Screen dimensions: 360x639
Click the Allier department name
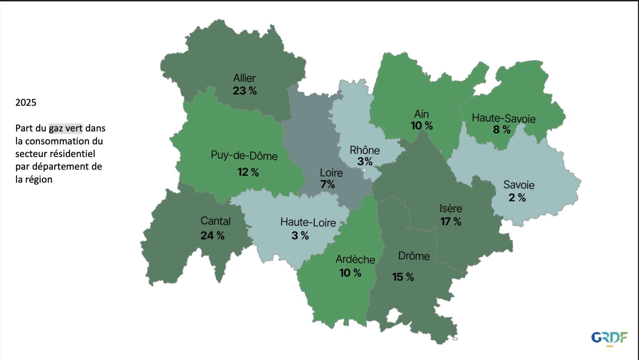pos(244,78)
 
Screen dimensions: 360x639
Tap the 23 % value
pos(245,91)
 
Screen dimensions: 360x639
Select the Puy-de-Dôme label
pos(244,156)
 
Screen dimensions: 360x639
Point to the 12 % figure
pos(248,172)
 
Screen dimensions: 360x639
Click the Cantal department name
pos(215,221)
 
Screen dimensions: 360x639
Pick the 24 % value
pos(212,235)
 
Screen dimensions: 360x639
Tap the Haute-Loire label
pos(308,222)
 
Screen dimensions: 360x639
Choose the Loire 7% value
pos(327,184)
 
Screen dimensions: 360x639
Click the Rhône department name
pos(364,150)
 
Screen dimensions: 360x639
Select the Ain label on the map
pos(421,114)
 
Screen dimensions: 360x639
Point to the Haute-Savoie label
pos(504,118)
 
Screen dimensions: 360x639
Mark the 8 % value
pos(502,130)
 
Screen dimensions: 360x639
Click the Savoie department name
pos(519,185)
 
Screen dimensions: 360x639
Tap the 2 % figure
pos(517,198)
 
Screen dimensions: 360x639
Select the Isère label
pos(451,208)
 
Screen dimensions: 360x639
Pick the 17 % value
pos(451,221)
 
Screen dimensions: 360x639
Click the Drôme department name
pos(414,256)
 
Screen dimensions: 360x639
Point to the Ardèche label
pos(355,259)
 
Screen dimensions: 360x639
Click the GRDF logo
pos(609,338)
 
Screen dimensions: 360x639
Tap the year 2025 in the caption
pos(26,103)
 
